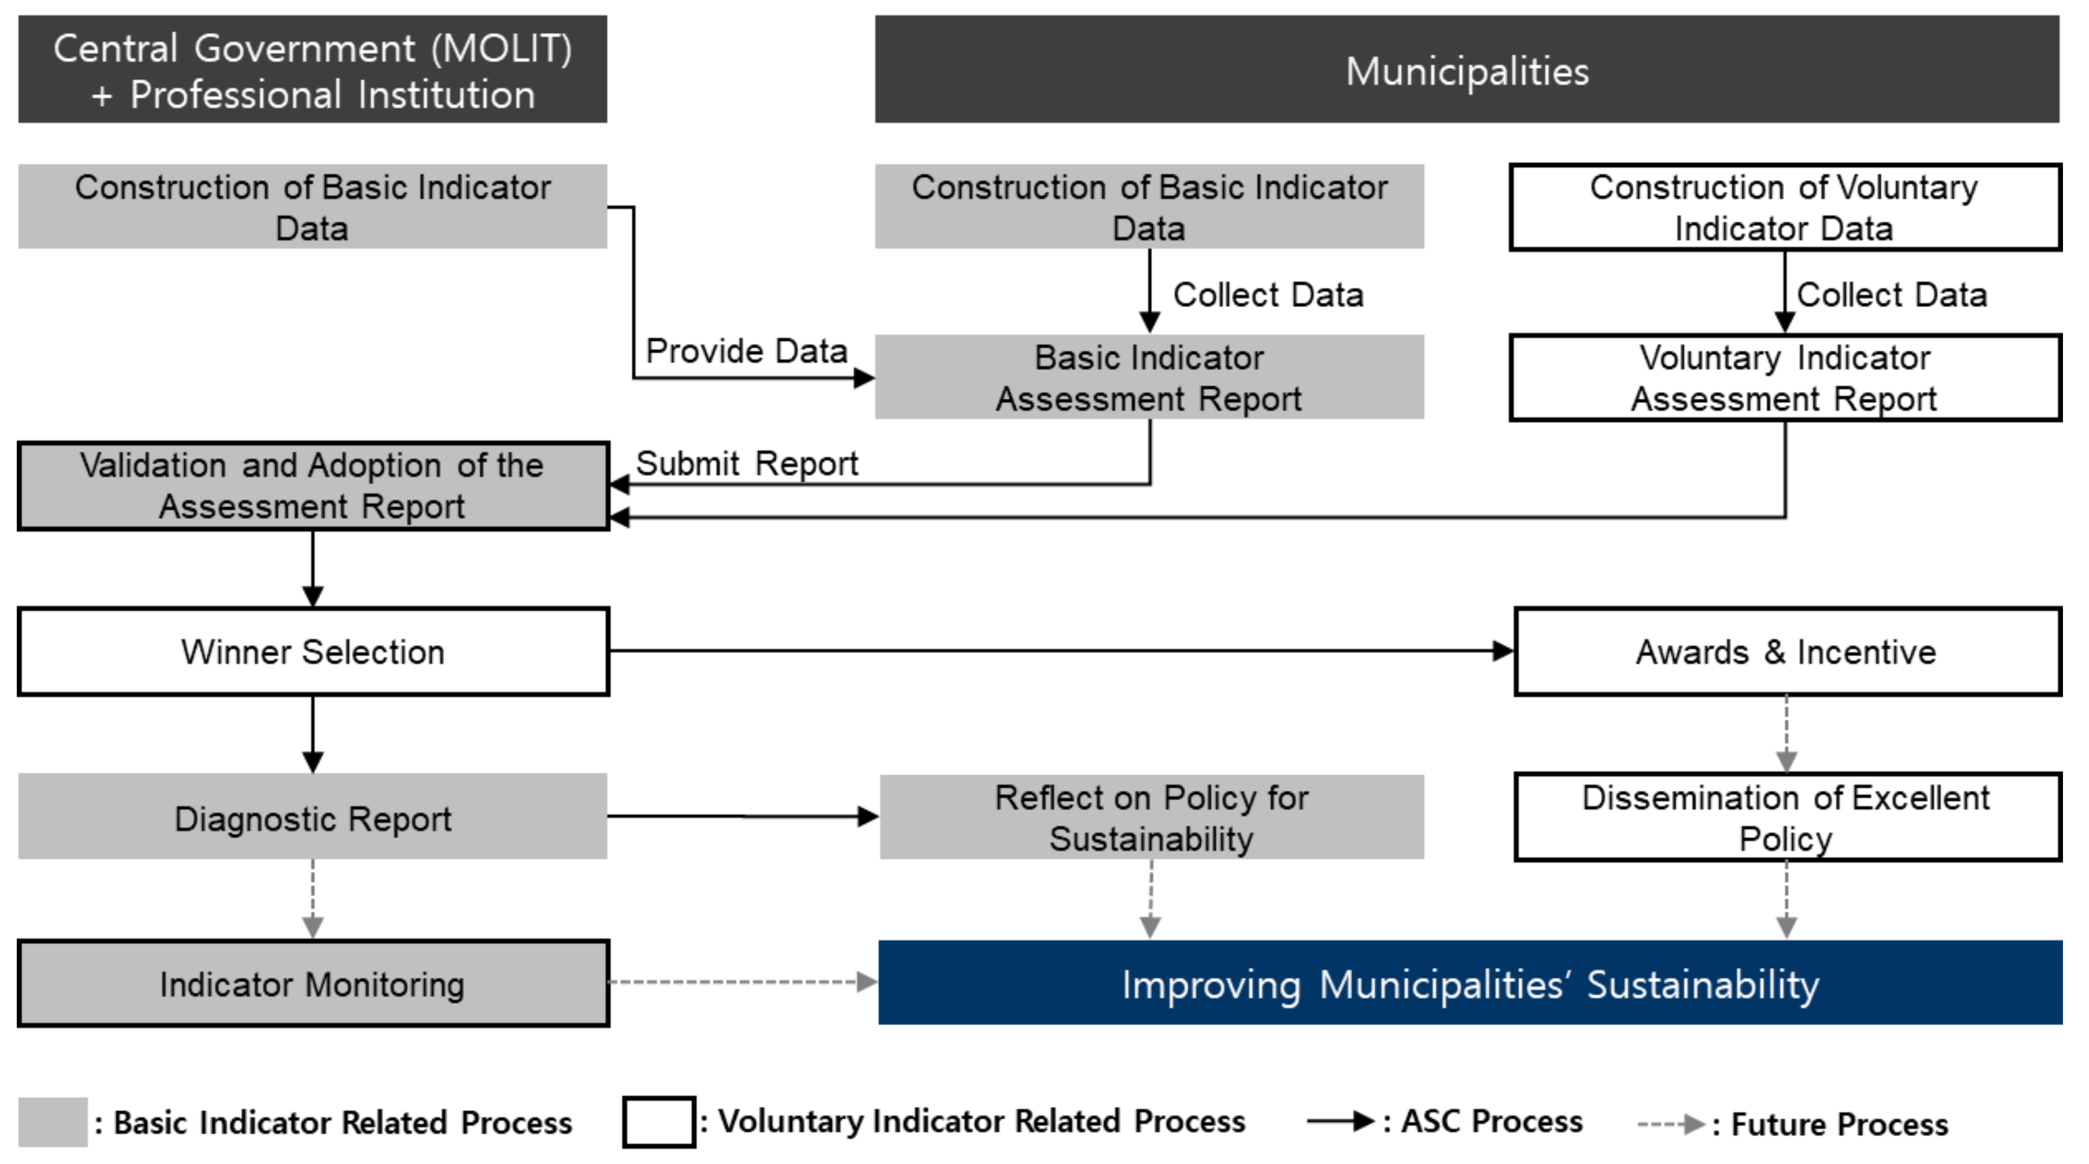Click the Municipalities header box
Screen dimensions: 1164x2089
tap(1466, 70)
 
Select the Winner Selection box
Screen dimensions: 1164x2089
tap(313, 651)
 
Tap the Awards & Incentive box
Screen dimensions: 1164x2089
tap(1787, 651)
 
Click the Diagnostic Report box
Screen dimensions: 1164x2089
tap(313, 817)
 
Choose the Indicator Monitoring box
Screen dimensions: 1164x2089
tap(313, 983)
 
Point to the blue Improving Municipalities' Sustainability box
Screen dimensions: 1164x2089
tap(1470, 983)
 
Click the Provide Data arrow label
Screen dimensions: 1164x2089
tap(746, 351)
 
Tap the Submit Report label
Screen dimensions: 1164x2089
tap(746, 463)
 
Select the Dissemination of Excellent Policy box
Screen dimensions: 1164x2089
tap(1787, 817)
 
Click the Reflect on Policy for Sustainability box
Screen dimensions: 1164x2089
tap(1151, 817)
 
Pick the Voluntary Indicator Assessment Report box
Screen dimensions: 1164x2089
tap(1784, 378)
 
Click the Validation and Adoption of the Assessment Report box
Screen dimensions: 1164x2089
tap(313, 486)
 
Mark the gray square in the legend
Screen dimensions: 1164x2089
tap(53, 1122)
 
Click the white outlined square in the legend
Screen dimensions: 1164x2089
tap(659, 1122)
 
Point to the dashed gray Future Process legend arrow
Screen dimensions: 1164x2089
tap(1670, 1124)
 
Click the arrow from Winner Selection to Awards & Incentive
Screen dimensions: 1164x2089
tap(1054, 650)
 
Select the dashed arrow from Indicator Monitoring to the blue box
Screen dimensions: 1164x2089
tap(742, 982)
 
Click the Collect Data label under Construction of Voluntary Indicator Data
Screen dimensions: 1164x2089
tap(1891, 294)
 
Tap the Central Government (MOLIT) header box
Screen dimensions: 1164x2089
tap(313, 70)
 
